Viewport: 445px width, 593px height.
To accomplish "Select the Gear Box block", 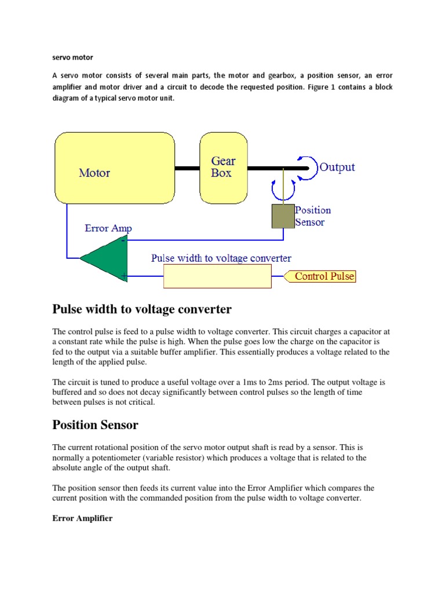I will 223,167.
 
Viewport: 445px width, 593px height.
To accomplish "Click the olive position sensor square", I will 283,215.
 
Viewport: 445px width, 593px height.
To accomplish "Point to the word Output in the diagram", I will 337,167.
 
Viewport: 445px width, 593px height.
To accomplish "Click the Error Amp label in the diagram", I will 108,228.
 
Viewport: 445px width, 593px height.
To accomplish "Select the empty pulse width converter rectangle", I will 217,276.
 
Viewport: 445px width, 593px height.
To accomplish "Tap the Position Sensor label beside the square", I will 313,216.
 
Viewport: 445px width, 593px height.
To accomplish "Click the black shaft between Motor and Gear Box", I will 187,169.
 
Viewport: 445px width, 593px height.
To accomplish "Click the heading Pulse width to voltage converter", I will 142,309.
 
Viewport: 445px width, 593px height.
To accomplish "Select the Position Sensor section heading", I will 96,425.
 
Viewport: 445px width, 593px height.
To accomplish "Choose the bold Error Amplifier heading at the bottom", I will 82,518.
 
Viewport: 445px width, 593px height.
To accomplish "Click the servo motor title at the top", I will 72,58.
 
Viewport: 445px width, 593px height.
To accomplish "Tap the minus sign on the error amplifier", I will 123,240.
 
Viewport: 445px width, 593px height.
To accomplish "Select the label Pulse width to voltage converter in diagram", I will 221,258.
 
